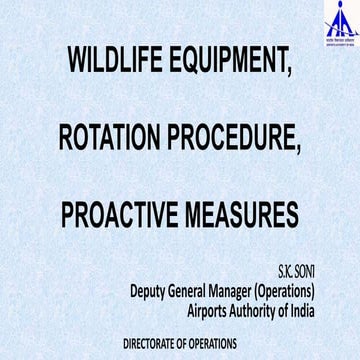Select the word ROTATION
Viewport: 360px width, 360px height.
[113, 137]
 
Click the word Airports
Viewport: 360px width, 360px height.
[215, 311]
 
